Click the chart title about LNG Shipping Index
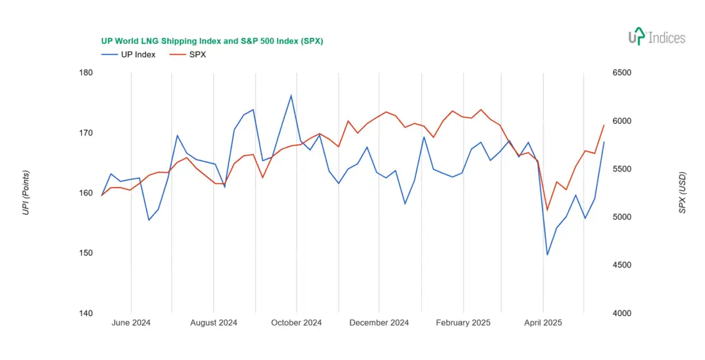point(212,41)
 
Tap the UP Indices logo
point(657,37)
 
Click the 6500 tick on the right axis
point(622,73)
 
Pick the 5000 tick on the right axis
point(622,217)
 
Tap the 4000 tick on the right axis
point(622,313)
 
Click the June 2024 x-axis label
point(131,322)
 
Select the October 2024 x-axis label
point(296,322)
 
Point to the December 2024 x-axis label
point(379,322)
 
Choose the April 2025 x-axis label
point(543,322)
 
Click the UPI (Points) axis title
point(25,193)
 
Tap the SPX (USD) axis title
point(682,193)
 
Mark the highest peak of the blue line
point(291,95)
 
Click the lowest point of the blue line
point(547,255)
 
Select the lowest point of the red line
point(547,210)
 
